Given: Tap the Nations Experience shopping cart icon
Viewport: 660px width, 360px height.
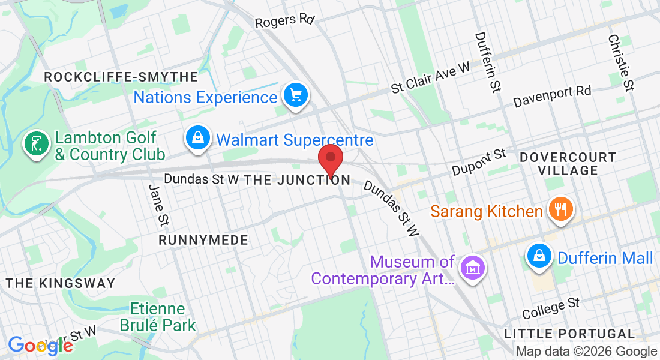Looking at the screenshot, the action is [295, 95].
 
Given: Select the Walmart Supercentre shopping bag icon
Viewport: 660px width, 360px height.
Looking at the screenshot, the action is [197, 138].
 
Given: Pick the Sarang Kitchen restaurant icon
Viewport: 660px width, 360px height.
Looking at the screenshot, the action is [560, 210].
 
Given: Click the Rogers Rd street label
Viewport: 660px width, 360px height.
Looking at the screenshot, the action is [284, 21].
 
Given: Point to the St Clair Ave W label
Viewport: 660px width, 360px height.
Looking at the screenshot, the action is [430, 79].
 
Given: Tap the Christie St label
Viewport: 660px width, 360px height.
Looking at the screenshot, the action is [621, 62].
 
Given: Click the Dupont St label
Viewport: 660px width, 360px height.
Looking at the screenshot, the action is [479, 163].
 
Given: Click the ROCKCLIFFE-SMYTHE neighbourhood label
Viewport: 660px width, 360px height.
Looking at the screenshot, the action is [121, 77].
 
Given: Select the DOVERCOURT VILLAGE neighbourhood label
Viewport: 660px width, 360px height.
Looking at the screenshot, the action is [568, 164].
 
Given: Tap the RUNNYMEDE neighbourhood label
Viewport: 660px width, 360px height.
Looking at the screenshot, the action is [203, 240].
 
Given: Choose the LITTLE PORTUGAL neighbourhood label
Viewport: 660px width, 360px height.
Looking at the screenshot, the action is [569, 334].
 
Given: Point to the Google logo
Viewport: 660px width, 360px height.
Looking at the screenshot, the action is [40, 346].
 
